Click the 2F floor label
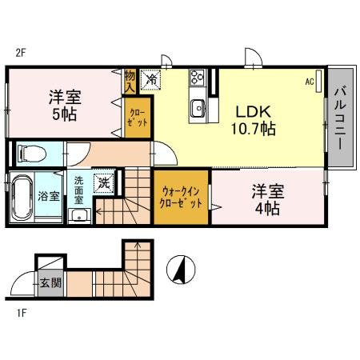click(x=22, y=54)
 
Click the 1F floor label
click(x=22, y=312)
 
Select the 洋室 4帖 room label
click(x=265, y=199)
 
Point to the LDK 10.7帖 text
click(x=254, y=118)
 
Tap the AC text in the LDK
click(x=309, y=82)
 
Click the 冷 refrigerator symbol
click(x=149, y=80)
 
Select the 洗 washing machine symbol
click(x=103, y=183)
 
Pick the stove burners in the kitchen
click(x=198, y=79)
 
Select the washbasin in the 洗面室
click(x=78, y=215)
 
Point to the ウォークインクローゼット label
click(x=181, y=198)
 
